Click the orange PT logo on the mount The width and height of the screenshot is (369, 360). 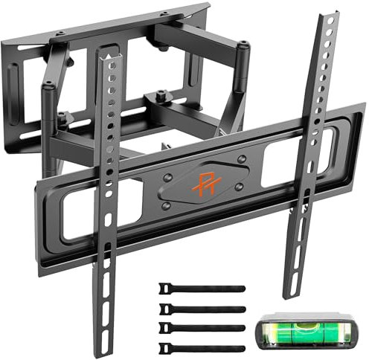tap(205, 181)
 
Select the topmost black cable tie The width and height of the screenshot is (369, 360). tap(201, 288)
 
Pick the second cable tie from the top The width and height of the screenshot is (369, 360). tap(201, 307)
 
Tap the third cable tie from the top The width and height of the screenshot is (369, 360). tap(201, 327)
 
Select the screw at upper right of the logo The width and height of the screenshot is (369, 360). tap(240, 158)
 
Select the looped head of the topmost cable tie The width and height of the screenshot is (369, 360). tap(165, 286)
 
